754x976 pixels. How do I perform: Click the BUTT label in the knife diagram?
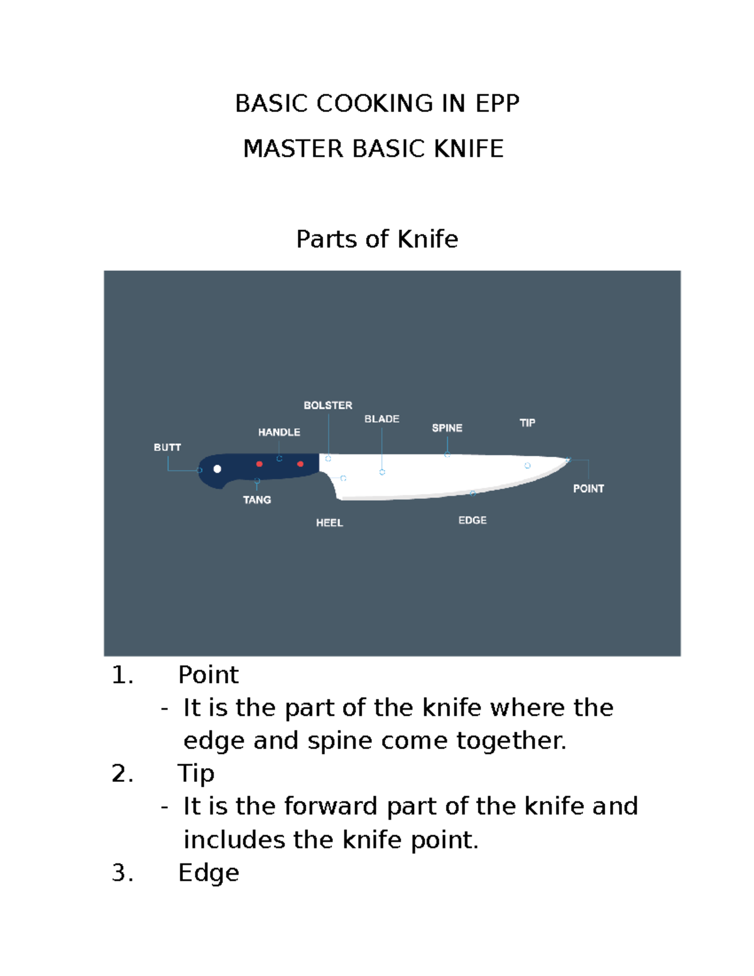point(167,447)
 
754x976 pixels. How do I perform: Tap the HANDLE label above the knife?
point(279,432)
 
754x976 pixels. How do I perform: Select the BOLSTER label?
point(328,405)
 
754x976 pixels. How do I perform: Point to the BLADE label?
point(382,419)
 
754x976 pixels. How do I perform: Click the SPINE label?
point(447,428)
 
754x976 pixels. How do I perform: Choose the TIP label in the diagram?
point(527,423)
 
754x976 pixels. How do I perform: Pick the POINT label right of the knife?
point(588,488)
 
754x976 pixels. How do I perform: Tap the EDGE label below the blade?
point(473,520)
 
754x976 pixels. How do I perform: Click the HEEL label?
point(329,523)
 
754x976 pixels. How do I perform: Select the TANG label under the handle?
point(257,500)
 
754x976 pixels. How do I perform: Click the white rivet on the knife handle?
point(217,469)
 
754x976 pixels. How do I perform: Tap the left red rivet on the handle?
point(260,464)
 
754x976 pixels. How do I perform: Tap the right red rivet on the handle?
point(300,464)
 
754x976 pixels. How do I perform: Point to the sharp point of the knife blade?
point(569,460)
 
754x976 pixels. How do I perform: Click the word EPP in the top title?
point(497,104)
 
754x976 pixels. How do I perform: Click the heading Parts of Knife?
point(377,239)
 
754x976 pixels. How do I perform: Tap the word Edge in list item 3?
point(209,873)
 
